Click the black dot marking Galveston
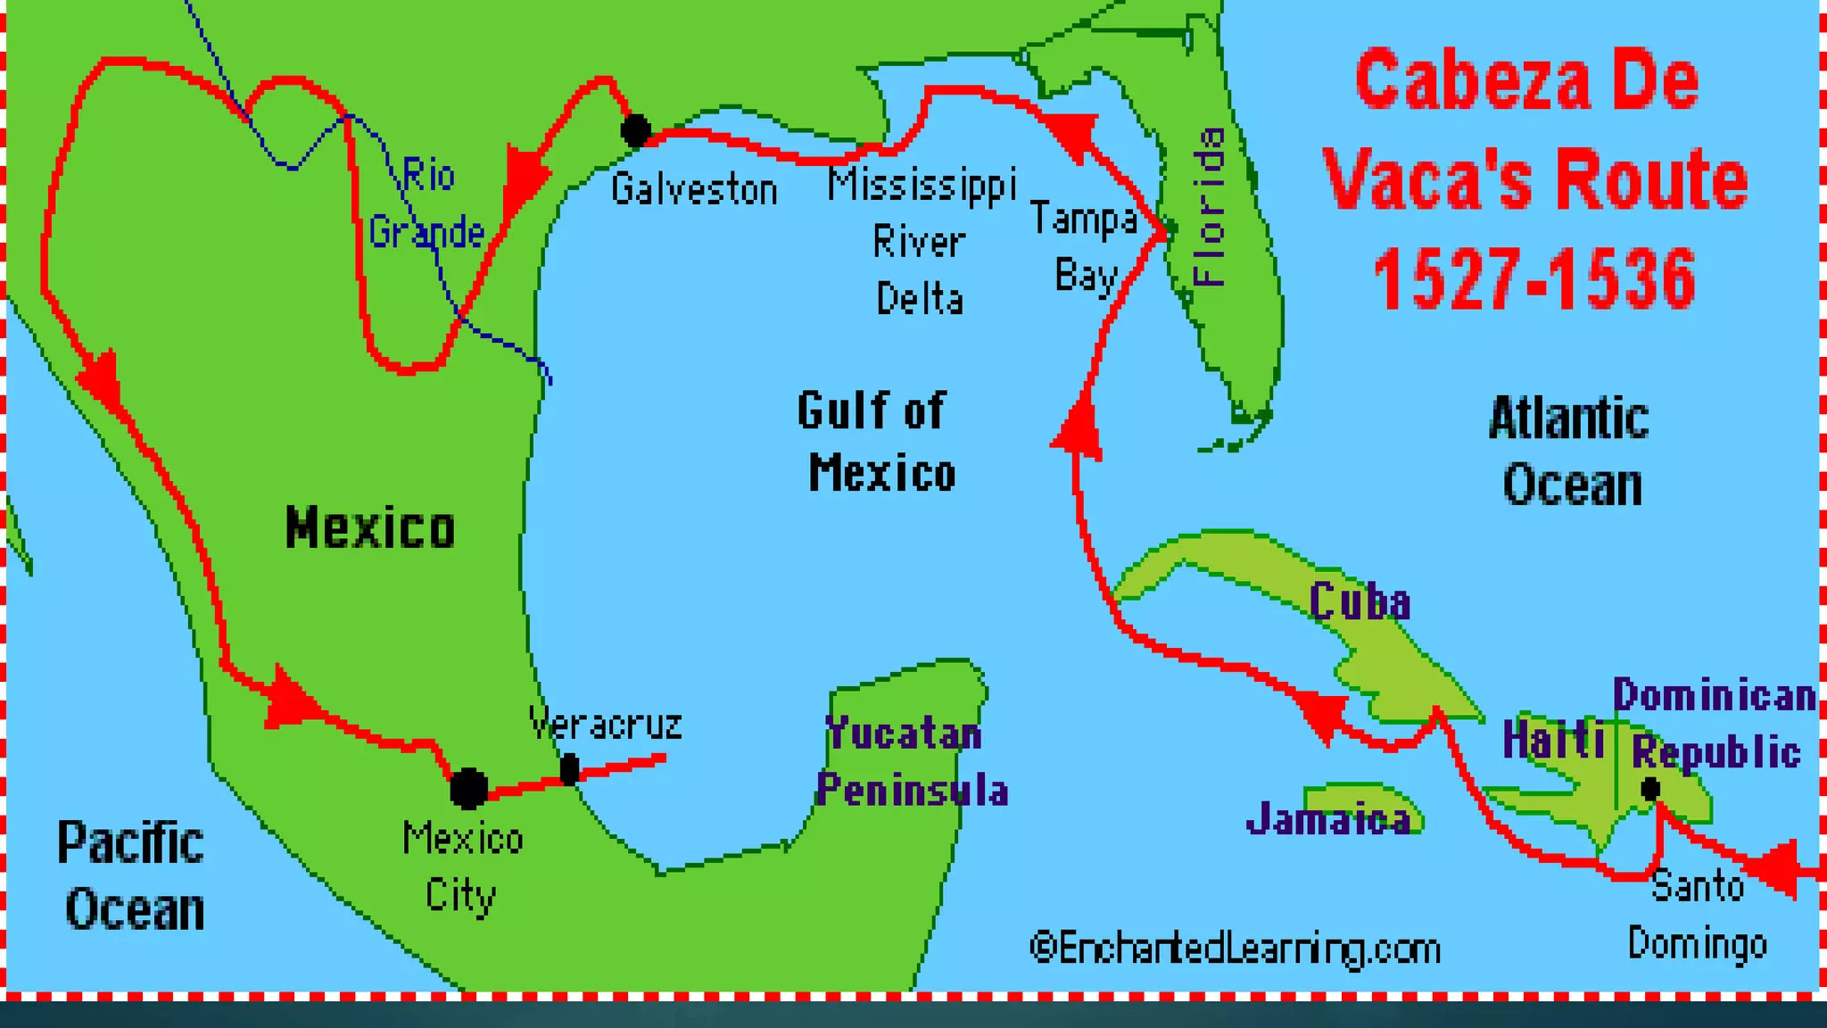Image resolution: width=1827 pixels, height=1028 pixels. pyautogui.click(x=636, y=131)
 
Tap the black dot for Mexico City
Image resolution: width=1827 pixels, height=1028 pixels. pyautogui.click(x=468, y=788)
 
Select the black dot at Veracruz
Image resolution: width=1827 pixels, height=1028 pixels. pyautogui.click(x=569, y=769)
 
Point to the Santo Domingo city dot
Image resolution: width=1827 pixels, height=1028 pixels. pyautogui.click(x=1650, y=789)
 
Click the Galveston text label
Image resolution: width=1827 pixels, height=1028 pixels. pyautogui.click(x=694, y=190)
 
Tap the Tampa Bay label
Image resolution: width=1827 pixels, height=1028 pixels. pyautogui.click(x=1085, y=247)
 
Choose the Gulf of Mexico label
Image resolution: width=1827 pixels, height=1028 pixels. pyautogui.click(x=876, y=442)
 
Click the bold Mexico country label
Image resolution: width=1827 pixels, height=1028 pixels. pyautogui.click(x=370, y=527)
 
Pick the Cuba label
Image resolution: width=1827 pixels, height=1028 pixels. pyautogui.click(x=1360, y=602)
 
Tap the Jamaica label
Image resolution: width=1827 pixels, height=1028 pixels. pyautogui.click(x=1329, y=819)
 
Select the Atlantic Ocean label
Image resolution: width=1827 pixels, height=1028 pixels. pyautogui.click(x=1570, y=452)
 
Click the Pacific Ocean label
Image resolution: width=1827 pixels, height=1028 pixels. pyautogui.click(x=132, y=875)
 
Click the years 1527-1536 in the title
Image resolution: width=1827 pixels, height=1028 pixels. pyautogui.click(x=1534, y=279)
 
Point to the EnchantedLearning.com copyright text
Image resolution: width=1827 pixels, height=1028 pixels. pyautogui.click(x=1235, y=949)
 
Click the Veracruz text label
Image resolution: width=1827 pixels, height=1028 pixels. pyautogui.click(x=605, y=724)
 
